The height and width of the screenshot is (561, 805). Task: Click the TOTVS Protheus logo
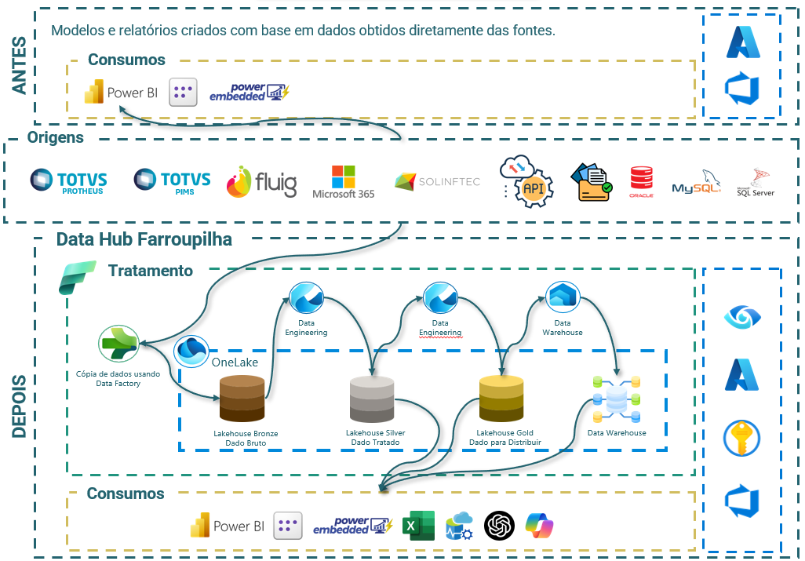point(68,180)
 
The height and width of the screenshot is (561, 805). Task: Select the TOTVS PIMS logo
point(173,180)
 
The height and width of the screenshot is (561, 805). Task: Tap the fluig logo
point(262,182)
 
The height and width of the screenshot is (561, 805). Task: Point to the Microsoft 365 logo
point(343,181)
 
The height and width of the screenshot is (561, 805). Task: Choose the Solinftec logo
point(437,182)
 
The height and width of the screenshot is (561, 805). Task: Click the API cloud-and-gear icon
point(526,181)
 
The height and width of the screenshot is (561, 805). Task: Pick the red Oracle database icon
point(641,182)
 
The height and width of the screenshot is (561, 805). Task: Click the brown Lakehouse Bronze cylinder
point(242,399)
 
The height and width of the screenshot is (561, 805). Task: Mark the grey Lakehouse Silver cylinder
point(372,399)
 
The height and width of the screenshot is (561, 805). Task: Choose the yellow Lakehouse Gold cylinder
point(501,399)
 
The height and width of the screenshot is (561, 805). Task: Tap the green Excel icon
point(418,526)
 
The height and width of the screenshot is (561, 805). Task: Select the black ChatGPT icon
point(500,526)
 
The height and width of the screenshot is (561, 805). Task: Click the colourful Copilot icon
point(540,526)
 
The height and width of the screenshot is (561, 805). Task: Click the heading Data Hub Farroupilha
point(144,239)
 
